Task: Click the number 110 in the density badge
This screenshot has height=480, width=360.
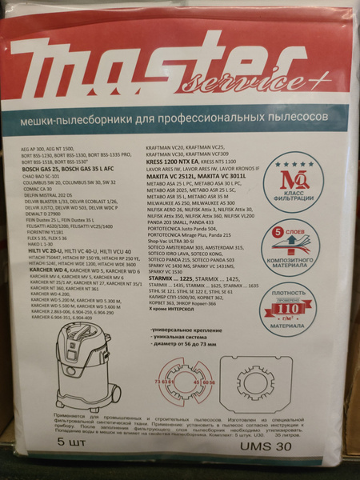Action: pyautogui.click(x=304, y=306)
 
